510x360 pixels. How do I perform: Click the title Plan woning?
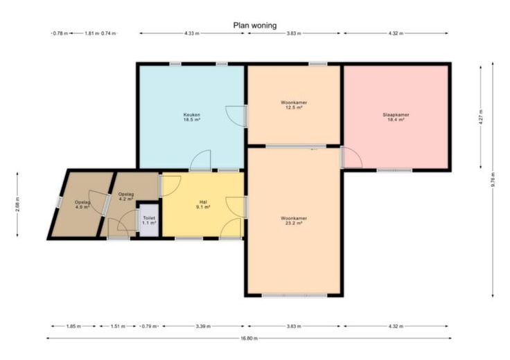pyautogui.click(x=255, y=26)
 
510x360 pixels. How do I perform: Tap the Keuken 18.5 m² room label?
pyautogui.click(x=191, y=117)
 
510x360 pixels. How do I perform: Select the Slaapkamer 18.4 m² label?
pyautogui.click(x=396, y=117)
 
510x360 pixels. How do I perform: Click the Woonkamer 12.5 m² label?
pyautogui.click(x=294, y=105)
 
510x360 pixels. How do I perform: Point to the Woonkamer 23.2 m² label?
pyautogui.click(x=294, y=221)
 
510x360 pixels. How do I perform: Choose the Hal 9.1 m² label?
pyautogui.click(x=203, y=204)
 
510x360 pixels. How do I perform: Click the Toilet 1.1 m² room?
pyautogui.click(x=149, y=220)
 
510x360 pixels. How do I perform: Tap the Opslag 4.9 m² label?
pyautogui.click(x=82, y=204)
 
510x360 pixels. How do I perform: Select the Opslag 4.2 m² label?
pyautogui.click(x=126, y=197)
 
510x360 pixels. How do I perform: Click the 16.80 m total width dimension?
pyautogui.click(x=249, y=339)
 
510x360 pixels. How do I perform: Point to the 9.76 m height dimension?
pyautogui.click(x=493, y=179)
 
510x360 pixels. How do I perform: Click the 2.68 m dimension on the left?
pyautogui.click(x=17, y=205)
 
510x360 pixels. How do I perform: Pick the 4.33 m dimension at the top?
pyautogui.click(x=192, y=33)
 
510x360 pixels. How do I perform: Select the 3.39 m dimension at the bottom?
pyautogui.click(x=203, y=326)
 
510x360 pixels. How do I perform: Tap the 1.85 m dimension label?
pyautogui.click(x=73, y=326)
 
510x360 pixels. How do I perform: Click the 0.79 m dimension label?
pyautogui.click(x=149, y=326)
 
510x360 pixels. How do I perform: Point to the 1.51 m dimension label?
pyautogui.click(x=118, y=326)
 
